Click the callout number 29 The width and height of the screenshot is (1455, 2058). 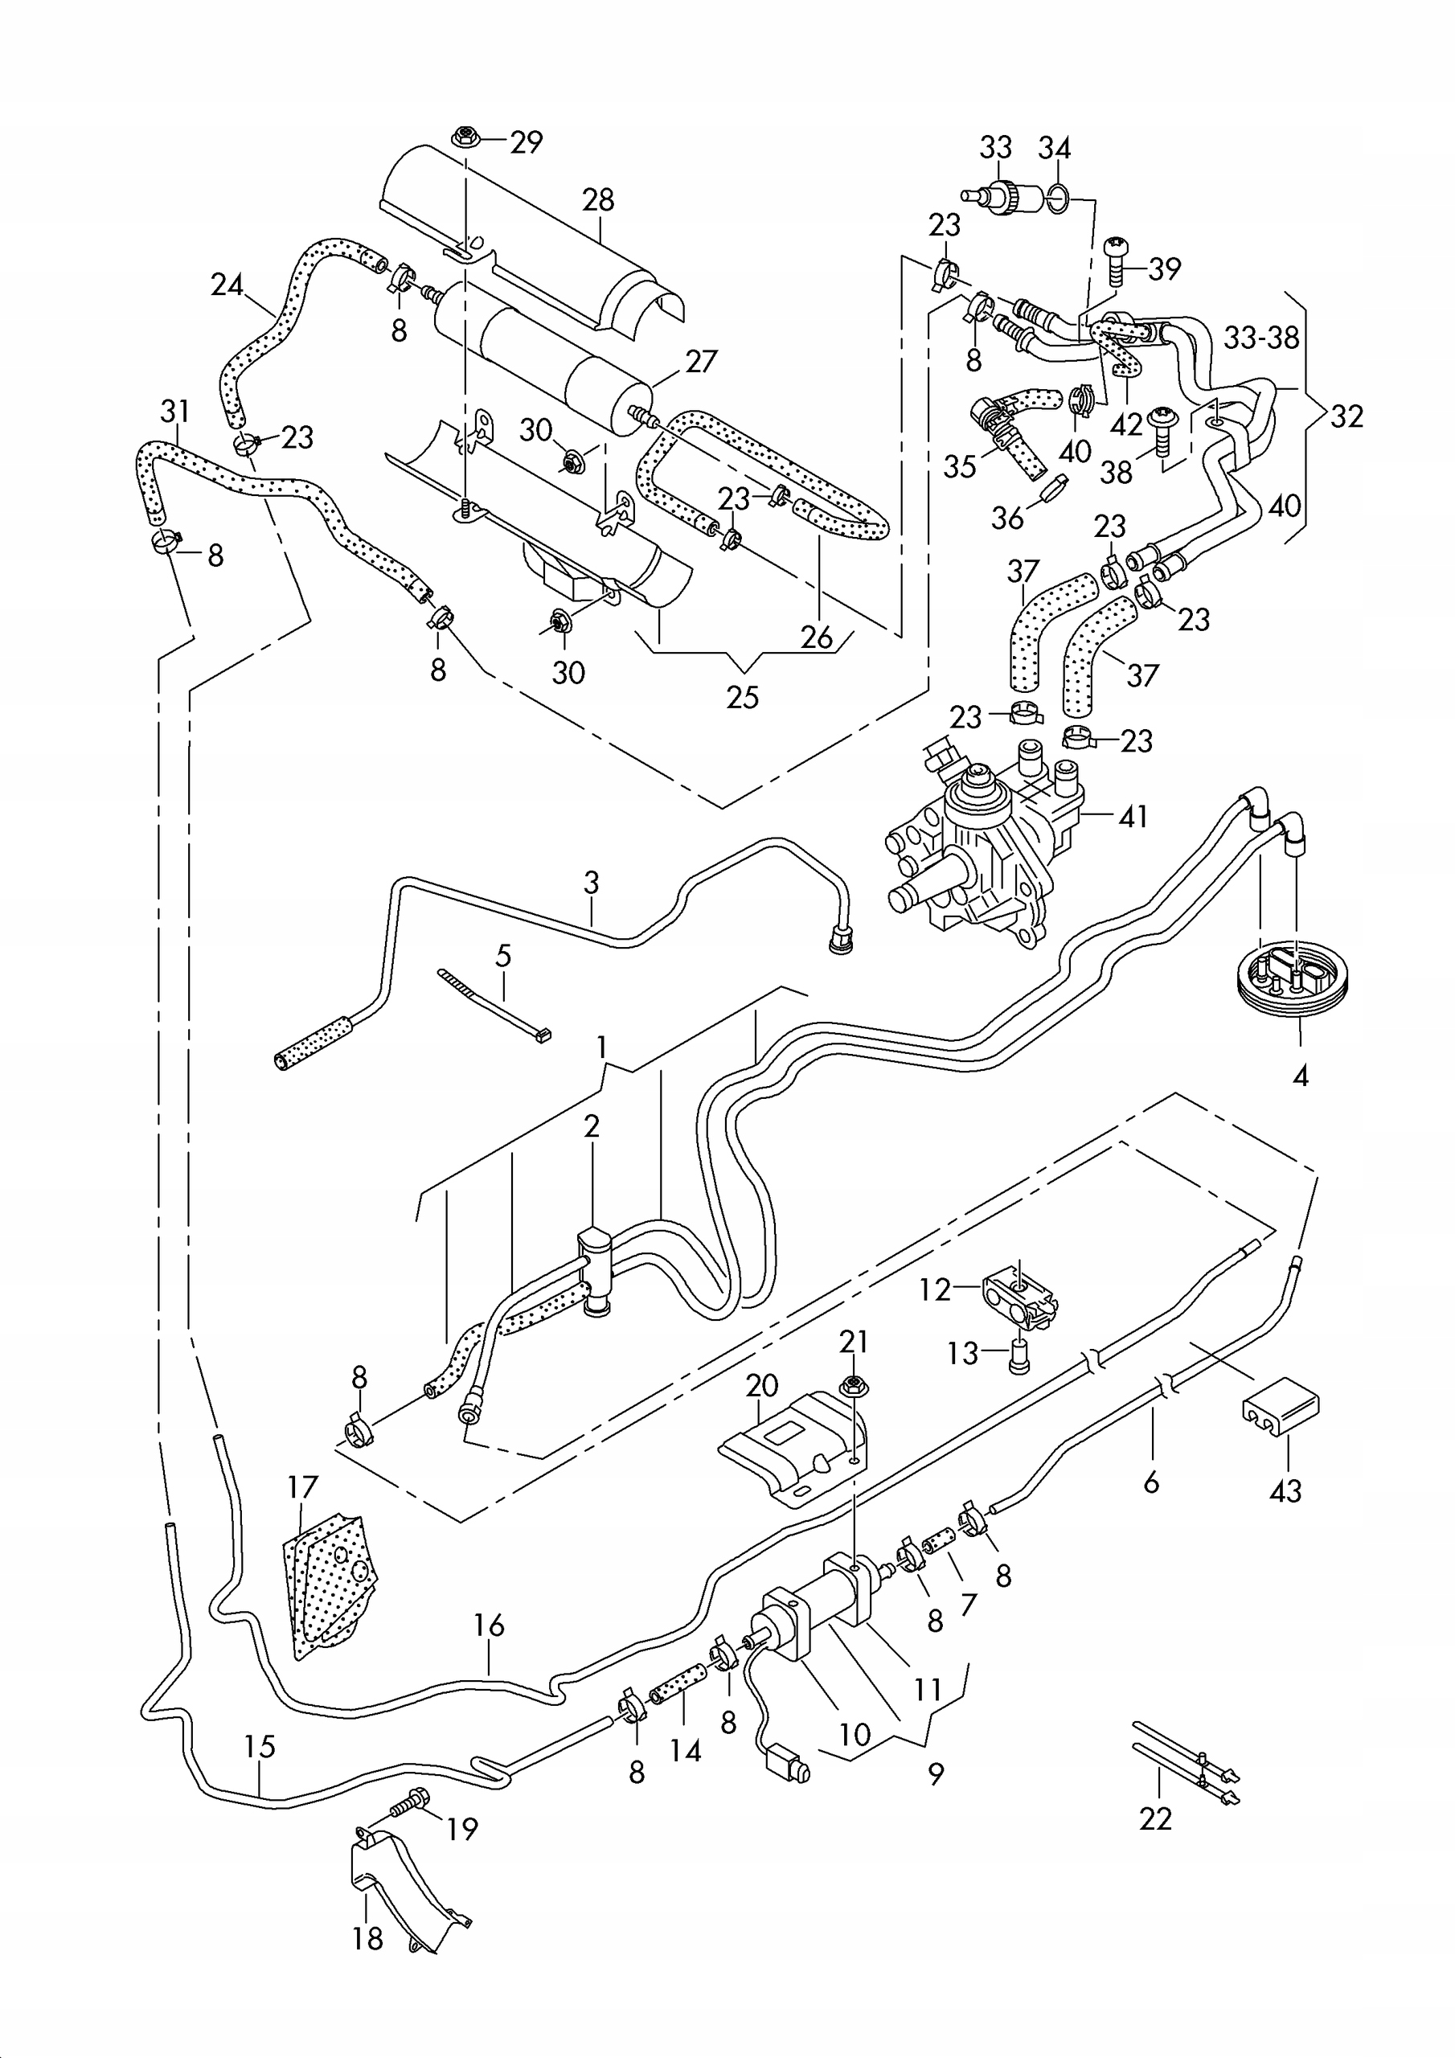527,142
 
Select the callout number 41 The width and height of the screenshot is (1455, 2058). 1133,817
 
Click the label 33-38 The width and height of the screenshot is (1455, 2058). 1261,338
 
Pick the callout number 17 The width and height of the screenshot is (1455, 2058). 303,1487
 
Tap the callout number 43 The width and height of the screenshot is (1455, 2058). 1285,1490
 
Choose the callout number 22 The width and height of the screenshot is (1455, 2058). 1156,1818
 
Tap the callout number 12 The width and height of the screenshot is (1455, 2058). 934,1289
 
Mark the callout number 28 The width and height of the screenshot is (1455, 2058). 598,199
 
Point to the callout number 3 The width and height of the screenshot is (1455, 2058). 591,883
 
